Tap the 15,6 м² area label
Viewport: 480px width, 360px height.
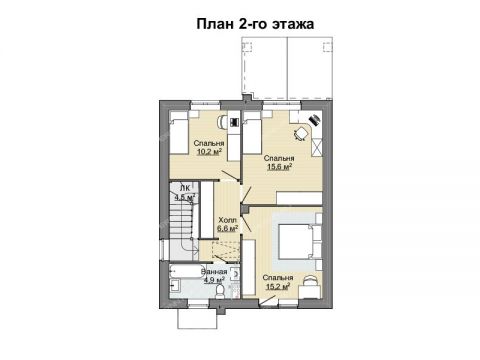(x=279, y=167)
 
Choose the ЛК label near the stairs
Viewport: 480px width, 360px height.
(x=184, y=188)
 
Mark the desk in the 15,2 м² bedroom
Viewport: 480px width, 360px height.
(x=309, y=285)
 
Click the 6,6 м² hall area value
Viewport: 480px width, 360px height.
(x=227, y=227)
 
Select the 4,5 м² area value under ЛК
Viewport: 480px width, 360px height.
(x=184, y=197)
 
